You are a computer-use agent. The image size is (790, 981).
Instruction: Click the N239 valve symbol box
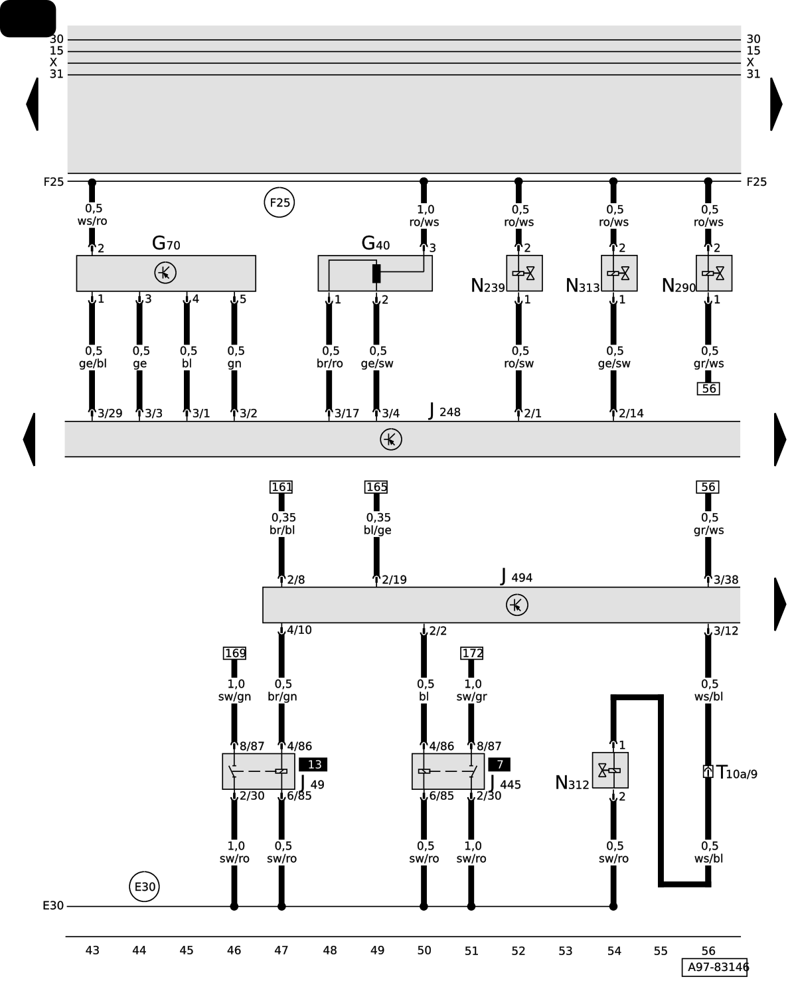(x=524, y=273)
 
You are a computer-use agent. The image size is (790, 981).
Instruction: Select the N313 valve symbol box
(x=619, y=273)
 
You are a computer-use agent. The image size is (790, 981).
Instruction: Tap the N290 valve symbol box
(x=714, y=273)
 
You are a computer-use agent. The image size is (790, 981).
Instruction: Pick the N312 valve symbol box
(x=609, y=770)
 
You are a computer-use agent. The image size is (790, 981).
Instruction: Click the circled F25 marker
(x=279, y=202)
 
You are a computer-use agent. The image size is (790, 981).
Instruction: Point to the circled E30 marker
(x=144, y=887)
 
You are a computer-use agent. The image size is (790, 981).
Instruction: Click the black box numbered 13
(x=313, y=765)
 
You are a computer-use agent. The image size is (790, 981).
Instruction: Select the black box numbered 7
(x=499, y=765)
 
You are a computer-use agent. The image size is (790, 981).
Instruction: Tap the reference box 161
(x=281, y=487)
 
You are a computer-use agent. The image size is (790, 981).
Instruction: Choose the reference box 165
(x=376, y=487)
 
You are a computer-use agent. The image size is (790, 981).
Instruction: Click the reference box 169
(x=235, y=653)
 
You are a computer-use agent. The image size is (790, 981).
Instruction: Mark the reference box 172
(x=472, y=653)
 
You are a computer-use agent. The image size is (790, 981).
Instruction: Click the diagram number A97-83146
(x=717, y=967)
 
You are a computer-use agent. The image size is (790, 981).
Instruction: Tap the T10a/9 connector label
(x=736, y=773)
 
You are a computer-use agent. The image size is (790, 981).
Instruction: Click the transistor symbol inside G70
(x=165, y=273)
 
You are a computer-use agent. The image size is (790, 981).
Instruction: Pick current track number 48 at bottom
(x=329, y=950)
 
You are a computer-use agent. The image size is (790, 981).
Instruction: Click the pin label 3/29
(x=110, y=414)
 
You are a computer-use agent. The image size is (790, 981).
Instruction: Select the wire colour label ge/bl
(x=92, y=364)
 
